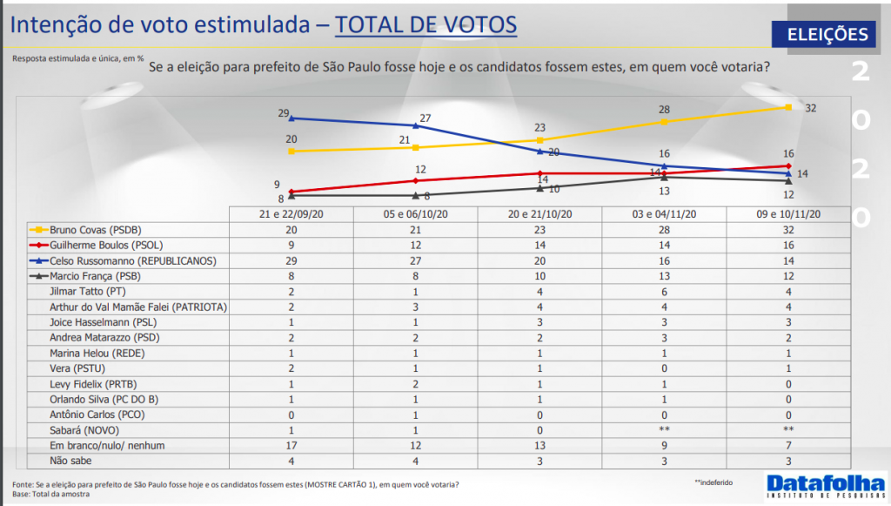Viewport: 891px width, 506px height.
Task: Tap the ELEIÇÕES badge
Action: [x=827, y=35]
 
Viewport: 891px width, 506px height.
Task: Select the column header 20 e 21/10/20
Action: [x=539, y=214]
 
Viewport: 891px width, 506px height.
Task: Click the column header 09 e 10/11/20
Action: [x=787, y=214]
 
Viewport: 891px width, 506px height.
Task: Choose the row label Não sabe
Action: [x=71, y=462]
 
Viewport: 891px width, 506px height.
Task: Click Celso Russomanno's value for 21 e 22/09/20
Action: [x=291, y=260]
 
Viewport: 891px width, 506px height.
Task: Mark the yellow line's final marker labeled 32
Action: [x=787, y=107]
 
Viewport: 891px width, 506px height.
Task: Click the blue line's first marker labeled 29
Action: [x=291, y=118]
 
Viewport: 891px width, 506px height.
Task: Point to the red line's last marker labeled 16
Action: [x=787, y=165]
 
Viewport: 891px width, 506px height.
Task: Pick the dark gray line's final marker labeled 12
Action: [x=787, y=180]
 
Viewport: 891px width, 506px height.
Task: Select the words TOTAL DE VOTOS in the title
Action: [x=425, y=25]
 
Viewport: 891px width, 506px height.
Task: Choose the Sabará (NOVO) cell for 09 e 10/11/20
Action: [x=787, y=430]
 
